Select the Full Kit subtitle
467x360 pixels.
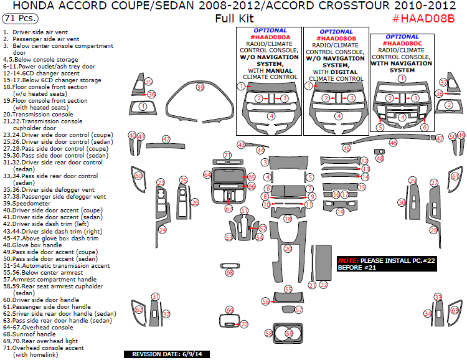[233, 18]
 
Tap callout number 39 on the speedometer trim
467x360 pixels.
[200, 88]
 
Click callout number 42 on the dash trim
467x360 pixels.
[166, 140]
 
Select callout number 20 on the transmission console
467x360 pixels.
[288, 249]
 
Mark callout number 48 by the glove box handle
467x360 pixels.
[380, 158]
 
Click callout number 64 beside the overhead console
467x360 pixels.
[207, 175]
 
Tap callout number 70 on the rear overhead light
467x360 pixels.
[244, 324]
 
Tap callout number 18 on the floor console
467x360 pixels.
[288, 219]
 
